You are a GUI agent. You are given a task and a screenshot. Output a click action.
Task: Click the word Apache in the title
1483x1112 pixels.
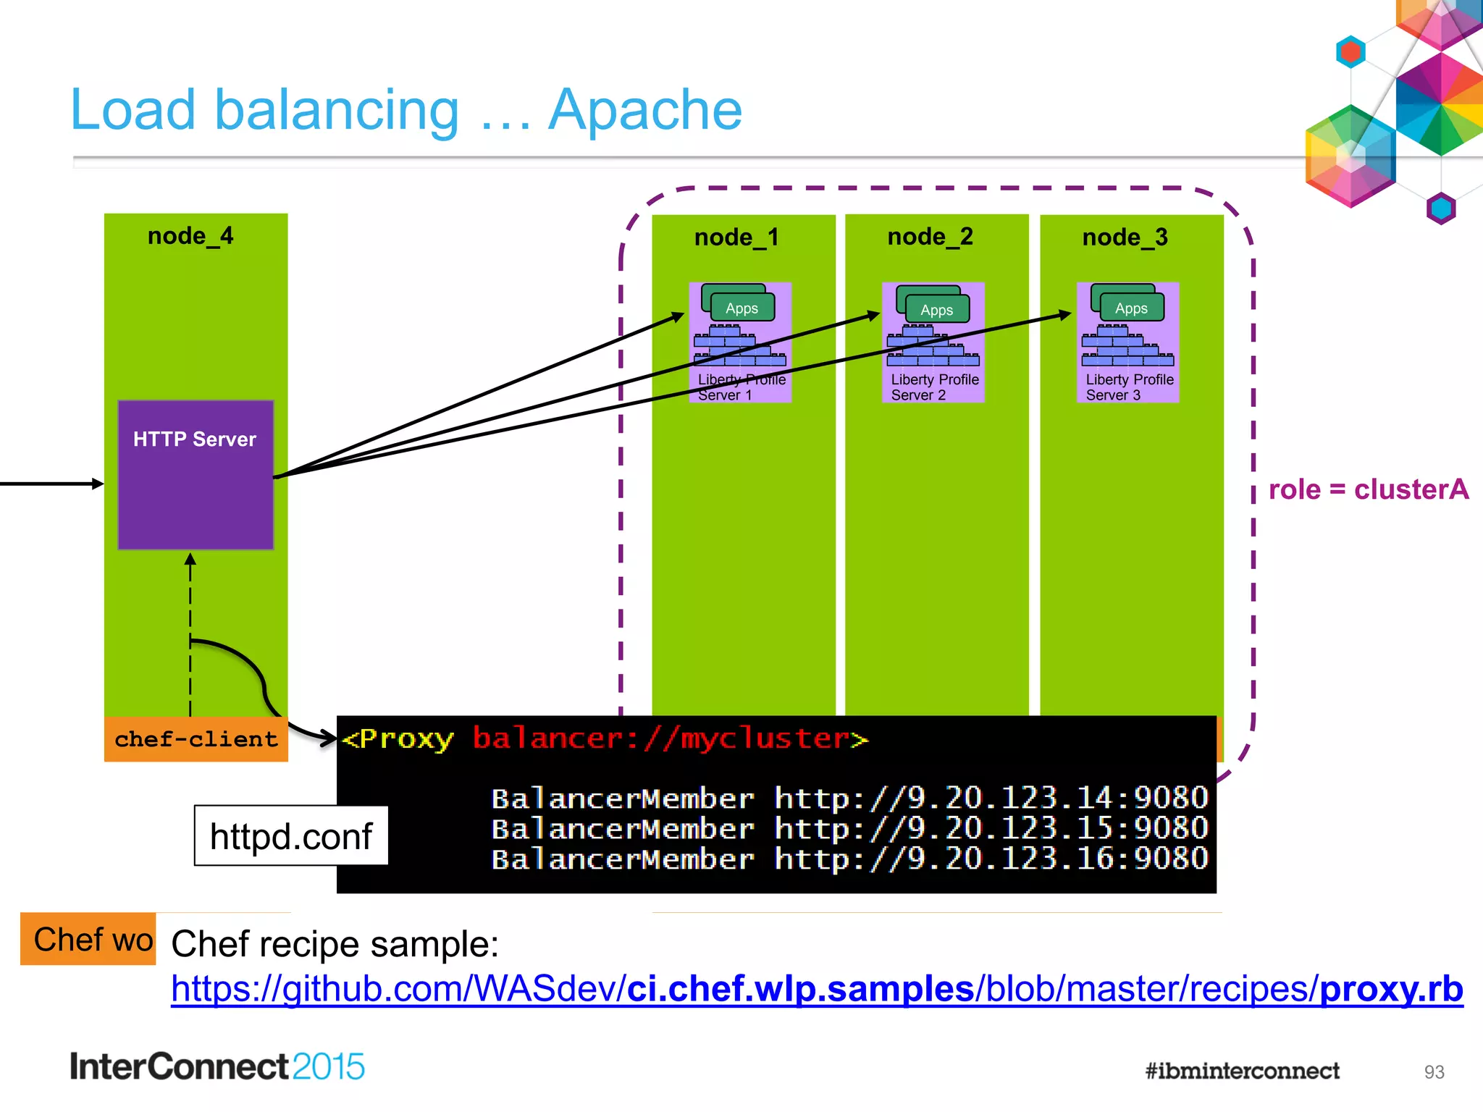(x=644, y=110)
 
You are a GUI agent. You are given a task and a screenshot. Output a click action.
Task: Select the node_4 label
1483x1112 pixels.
(x=190, y=236)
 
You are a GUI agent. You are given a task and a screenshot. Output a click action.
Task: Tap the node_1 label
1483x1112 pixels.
(x=736, y=237)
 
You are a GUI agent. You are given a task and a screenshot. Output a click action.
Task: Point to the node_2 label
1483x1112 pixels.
(x=930, y=237)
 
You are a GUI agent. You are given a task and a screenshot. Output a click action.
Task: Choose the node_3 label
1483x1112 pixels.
(x=1125, y=237)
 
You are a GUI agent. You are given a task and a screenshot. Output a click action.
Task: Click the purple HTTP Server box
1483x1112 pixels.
(x=196, y=474)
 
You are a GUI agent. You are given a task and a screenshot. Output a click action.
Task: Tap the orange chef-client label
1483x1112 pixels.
(x=196, y=739)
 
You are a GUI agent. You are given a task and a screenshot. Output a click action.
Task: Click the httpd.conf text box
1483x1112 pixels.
(x=290, y=836)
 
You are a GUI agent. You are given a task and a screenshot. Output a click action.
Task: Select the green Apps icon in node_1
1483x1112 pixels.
(x=741, y=307)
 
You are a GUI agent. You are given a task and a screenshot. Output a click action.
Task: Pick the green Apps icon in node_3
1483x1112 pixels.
(x=1130, y=307)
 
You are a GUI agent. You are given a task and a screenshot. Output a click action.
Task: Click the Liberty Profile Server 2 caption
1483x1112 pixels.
(x=934, y=387)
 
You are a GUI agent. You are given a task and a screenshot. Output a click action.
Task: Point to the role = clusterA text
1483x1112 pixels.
(x=1368, y=490)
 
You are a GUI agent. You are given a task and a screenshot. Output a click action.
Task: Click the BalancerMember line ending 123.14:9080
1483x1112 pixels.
(x=849, y=799)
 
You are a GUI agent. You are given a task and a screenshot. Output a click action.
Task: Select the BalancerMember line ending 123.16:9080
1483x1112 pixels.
(x=849, y=859)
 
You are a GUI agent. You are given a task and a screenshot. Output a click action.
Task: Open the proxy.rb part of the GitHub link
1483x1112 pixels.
(x=1391, y=990)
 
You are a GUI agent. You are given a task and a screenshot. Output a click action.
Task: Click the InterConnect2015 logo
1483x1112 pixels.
(x=217, y=1067)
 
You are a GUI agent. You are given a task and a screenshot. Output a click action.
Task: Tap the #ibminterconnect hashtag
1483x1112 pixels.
(x=1242, y=1071)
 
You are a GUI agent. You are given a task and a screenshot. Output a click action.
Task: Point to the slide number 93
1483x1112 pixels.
(x=1434, y=1072)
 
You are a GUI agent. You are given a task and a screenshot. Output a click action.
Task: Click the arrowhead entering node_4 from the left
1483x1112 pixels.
(x=98, y=484)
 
